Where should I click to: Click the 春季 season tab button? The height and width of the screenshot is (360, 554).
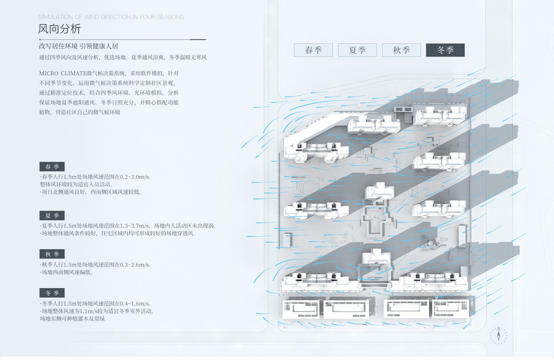[313, 50]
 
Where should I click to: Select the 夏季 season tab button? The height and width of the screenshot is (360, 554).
[357, 50]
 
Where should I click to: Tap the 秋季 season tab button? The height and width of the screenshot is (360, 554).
[401, 50]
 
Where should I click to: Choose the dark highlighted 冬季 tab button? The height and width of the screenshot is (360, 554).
[445, 50]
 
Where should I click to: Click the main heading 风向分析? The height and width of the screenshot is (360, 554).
[59, 28]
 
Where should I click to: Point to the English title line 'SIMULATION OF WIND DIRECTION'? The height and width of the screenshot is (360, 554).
[111, 17]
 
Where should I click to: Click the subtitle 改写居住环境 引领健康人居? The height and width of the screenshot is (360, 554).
[78, 46]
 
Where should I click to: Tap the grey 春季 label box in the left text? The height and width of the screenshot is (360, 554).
[52, 166]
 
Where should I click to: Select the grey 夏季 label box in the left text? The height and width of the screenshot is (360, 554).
[52, 215]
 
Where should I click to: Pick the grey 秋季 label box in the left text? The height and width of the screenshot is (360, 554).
[52, 254]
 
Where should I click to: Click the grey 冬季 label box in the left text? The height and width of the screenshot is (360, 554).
[52, 293]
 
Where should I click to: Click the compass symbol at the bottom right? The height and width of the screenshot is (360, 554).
[498, 334]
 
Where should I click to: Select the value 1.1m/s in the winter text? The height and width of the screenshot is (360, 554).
[91, 311]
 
